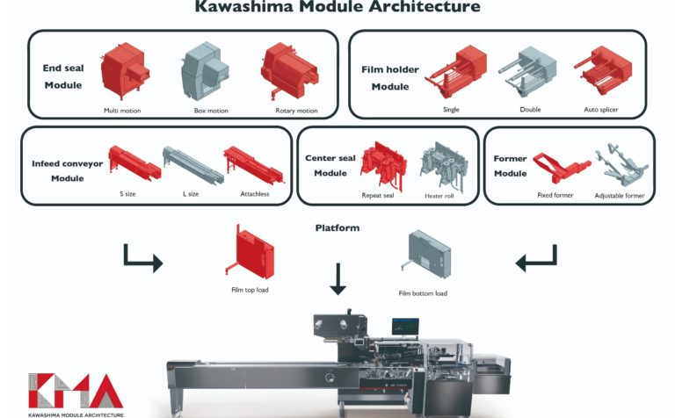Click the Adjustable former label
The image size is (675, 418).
[619, 195]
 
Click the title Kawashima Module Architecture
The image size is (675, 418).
[337, 8]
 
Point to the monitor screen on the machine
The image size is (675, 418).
[405, 327]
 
